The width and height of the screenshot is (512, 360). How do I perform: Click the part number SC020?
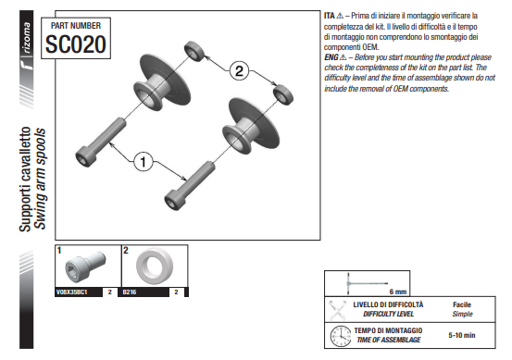(x=76, y=44)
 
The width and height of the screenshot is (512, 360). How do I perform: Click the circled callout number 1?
(x=143, y=161)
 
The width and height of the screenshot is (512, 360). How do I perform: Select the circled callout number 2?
(x=239, y=71)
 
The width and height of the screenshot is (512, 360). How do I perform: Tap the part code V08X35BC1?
(x=72, y=292)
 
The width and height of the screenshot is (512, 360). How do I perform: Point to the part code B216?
(x=130, y=292)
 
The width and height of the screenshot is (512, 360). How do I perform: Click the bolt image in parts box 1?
(x=85, y=267)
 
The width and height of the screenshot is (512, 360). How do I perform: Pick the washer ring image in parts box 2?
(x=155, y=266)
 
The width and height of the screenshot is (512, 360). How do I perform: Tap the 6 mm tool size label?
(x=398, y=292)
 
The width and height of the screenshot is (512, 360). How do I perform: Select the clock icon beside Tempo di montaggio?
(x=341, y=336)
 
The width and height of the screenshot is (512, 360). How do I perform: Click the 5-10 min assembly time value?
(x=462, y=335)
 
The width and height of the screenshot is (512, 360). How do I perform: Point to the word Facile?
(x=462, y=304)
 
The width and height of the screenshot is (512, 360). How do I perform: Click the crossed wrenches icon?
(x=337, y=310)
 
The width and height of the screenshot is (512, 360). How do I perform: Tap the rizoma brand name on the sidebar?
(x=27, y=38)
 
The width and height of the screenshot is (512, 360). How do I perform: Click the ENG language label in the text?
(x=331, y=57)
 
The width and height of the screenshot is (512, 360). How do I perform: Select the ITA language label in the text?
(x=330, y=16)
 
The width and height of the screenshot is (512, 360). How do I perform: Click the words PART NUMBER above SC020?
(x=76, y=26)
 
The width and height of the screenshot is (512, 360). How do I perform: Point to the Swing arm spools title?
(x=40, y=179)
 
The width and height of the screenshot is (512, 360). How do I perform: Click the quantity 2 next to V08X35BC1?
(x=110, y=292)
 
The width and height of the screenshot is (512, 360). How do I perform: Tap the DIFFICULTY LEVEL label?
(x=388, y=314)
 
